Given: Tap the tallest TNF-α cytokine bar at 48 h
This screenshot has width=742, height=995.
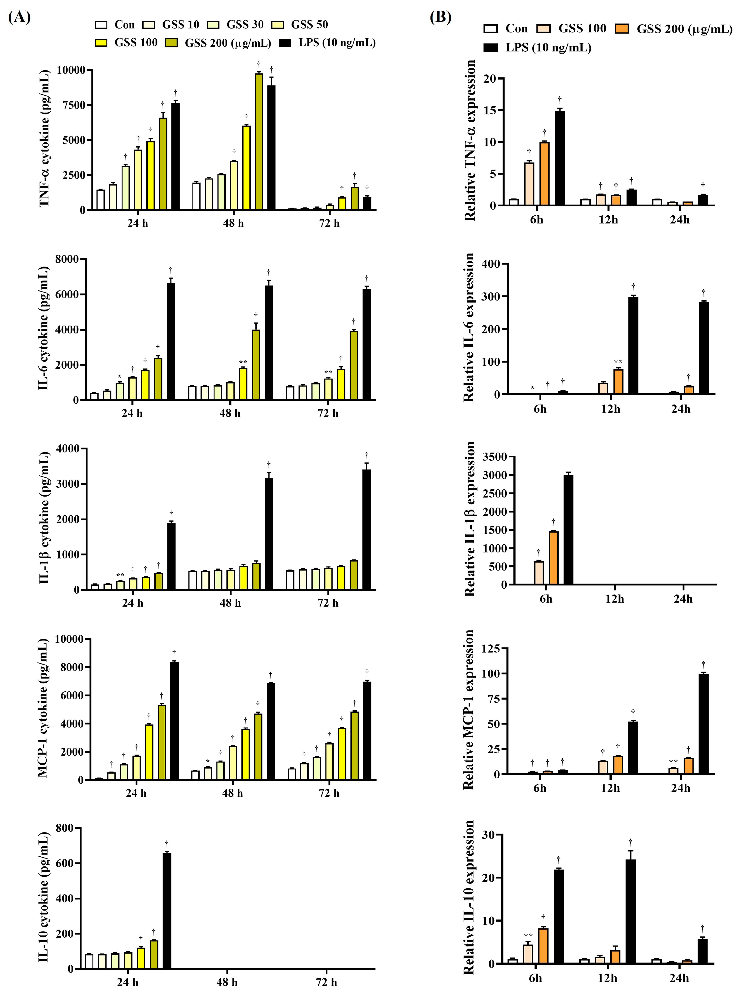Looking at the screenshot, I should click(x=259, y=141).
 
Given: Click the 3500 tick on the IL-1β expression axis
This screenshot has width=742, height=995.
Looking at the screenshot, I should click(x=495, y=457).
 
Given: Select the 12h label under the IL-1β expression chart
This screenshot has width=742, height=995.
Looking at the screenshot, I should click(x=614, y=599).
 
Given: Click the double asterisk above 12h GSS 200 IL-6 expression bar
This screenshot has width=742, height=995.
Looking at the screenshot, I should click(x=618, y=362).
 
